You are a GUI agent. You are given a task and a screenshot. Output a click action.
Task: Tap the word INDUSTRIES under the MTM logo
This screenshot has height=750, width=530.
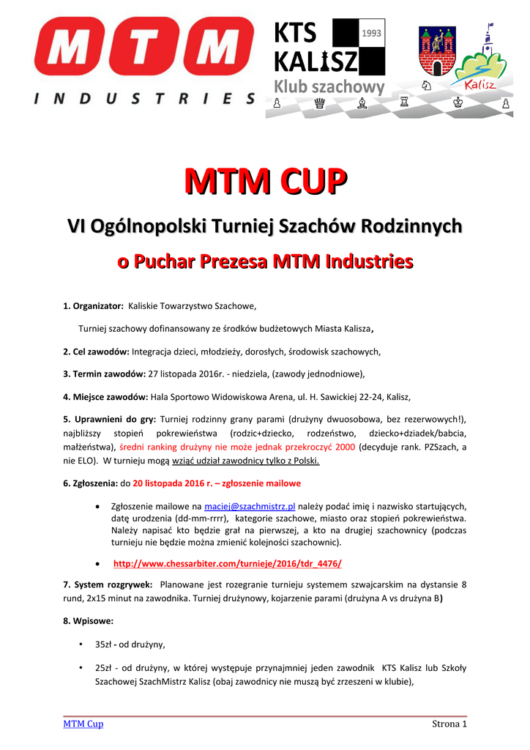144,98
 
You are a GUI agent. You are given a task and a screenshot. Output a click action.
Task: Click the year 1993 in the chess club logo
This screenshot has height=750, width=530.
372,33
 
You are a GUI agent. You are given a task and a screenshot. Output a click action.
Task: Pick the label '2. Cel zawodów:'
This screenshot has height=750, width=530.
96,352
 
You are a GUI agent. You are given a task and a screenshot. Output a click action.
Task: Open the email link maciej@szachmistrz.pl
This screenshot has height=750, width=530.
250,506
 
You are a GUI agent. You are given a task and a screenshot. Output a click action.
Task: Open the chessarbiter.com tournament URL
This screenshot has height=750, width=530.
227,563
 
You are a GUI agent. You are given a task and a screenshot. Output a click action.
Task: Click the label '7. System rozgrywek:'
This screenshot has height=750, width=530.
108,585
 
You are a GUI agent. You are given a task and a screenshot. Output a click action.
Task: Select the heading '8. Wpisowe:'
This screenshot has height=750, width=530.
88,621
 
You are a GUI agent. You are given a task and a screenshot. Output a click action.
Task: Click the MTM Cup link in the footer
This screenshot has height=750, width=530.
83,724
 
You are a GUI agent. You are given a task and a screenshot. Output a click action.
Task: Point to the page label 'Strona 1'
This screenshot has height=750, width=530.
449,724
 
